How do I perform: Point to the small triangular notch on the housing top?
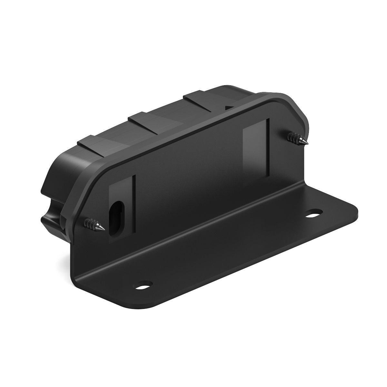coord(229,107)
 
